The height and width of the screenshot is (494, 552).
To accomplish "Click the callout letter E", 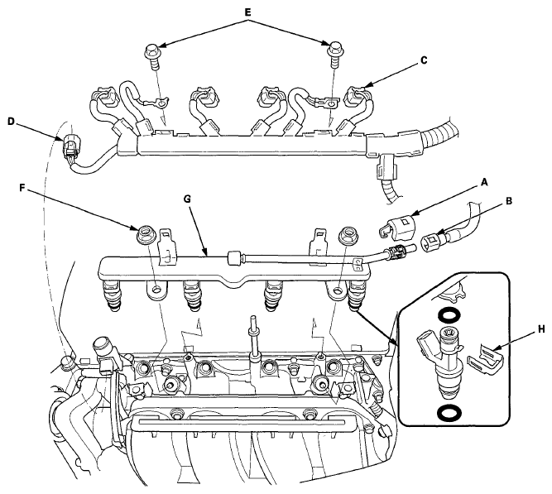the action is [247, 12].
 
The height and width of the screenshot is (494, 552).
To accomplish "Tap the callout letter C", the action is [424, 60].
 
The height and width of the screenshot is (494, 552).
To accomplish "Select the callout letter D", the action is [11, 122].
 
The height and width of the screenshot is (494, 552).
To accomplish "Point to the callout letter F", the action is [22, 189].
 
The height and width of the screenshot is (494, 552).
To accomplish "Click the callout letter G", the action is [187, 199].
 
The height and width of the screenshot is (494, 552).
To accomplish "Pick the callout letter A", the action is [485, 182].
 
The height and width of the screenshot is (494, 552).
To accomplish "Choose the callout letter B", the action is [509, 201].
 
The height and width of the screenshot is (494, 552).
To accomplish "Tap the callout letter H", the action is [541, 329].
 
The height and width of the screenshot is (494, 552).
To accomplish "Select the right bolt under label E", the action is [334, 55].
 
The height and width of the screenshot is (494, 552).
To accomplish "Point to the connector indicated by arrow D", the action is [70, 146].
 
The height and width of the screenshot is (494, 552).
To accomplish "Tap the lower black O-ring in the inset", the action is [447, 412].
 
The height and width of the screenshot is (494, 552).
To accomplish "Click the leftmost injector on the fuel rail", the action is [111, 295].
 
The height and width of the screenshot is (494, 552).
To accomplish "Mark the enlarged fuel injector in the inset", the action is [442, 362].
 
